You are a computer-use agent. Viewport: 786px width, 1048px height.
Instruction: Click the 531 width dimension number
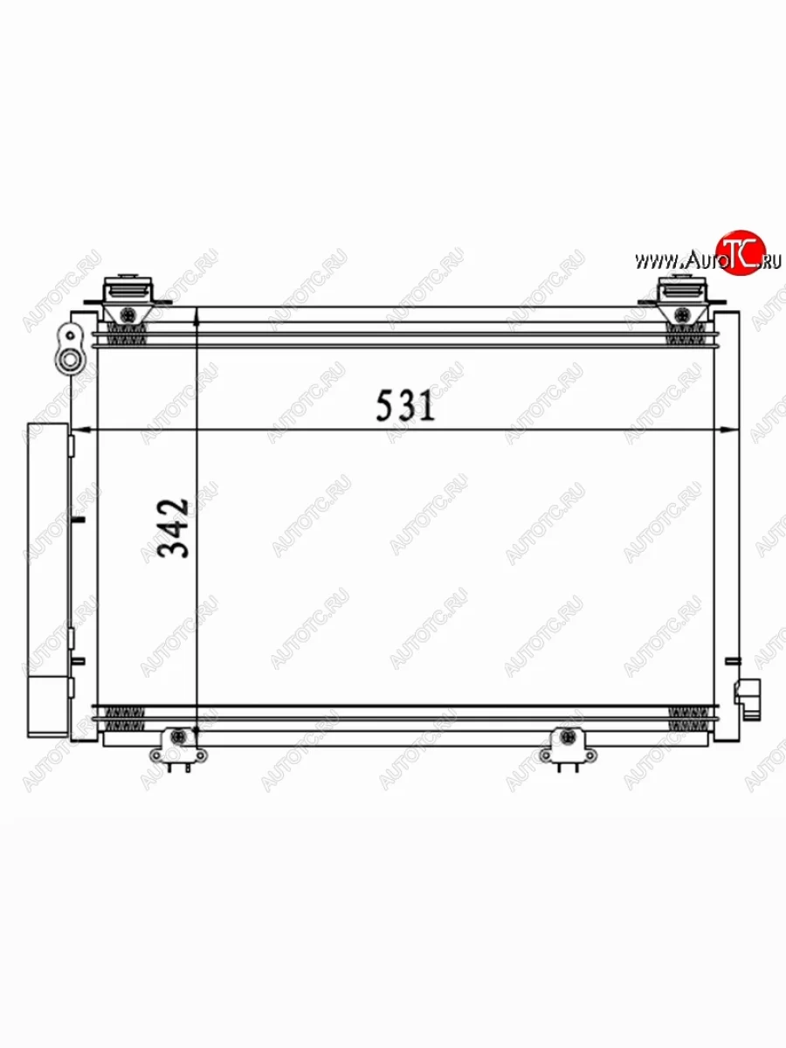click(404, 405)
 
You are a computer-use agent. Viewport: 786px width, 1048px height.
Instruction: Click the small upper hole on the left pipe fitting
click(67, 333)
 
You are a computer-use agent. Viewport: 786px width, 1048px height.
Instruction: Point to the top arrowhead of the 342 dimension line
click(198, 316)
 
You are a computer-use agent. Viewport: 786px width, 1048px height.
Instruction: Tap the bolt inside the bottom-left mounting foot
click(179, 739)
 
